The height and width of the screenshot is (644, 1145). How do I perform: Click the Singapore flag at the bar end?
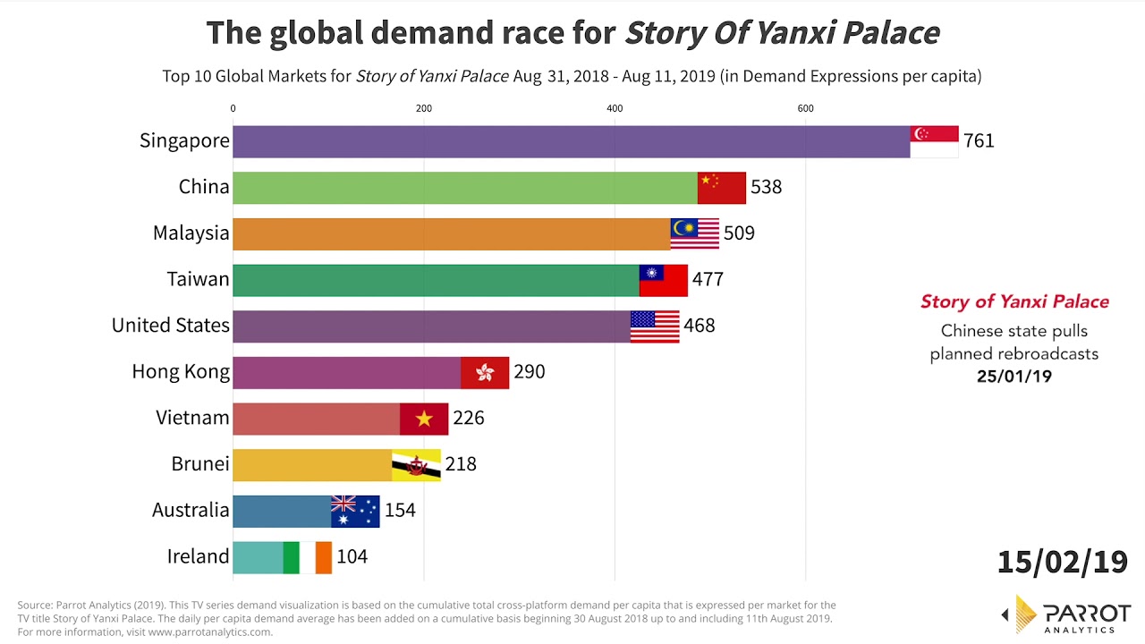(x=934, y=141)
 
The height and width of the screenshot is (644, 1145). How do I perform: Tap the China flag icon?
(x=722, y=188)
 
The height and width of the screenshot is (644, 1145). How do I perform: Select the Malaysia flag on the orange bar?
(x=695, y=233)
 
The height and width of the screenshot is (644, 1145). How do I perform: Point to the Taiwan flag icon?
(x=664, y=280)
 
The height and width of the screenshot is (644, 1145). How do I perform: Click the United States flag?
(x=655, y=326)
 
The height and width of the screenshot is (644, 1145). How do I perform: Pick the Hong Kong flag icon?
(x=485, y=372)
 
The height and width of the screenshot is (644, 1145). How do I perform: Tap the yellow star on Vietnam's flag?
(x=424, y=419)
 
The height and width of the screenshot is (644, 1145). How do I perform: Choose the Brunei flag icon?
(x=416, y=465)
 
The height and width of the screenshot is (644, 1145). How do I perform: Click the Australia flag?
(x=355, y=511)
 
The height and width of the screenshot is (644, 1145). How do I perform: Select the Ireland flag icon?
(x=308, y=557)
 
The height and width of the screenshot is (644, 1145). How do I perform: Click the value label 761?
(x=979, y=141)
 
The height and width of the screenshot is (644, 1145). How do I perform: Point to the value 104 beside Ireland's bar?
(x=352, y=557)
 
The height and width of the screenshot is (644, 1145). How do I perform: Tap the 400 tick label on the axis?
(x=615, y=109)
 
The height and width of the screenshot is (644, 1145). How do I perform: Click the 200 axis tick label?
(x=424, y=109)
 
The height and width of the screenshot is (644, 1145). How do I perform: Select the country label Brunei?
(x=200, y=464)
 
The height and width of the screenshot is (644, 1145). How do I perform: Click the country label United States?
(x=171, y=326)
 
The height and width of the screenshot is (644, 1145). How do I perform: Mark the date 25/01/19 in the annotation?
(x=1014, y=377)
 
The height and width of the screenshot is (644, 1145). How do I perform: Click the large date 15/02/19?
(x=1063, y=562)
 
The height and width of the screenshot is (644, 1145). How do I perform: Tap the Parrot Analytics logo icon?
(x=1027, y=614)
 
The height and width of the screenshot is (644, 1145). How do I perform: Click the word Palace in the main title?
(x=890, y=33)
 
